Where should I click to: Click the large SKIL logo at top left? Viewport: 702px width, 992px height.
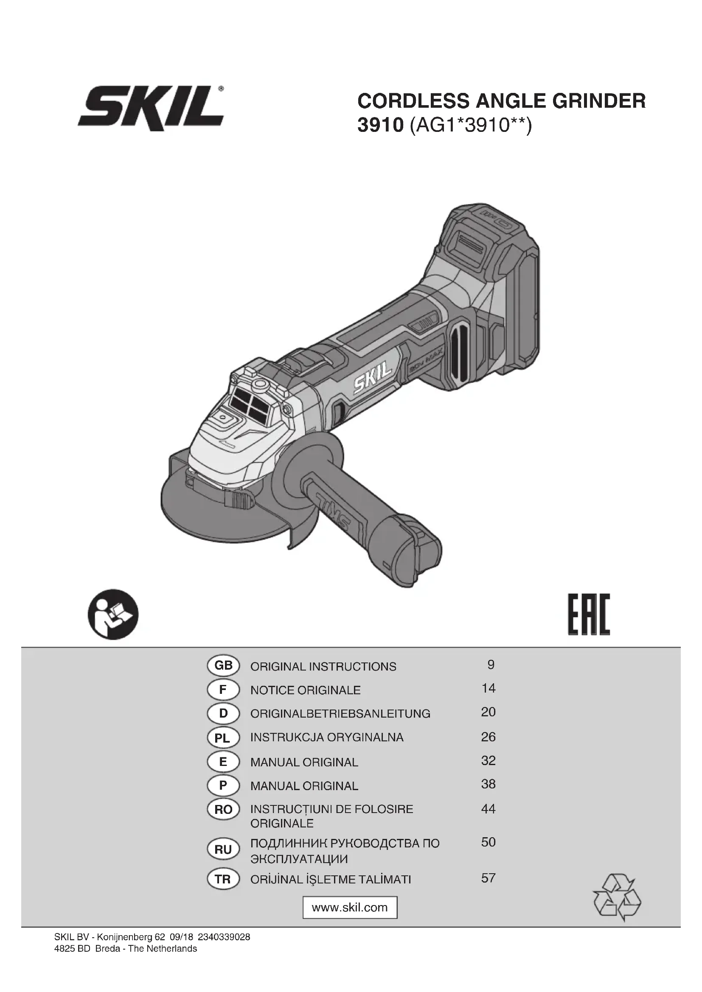pyautogui.click(x=151, y=108)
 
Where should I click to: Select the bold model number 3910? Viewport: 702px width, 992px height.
pyautogui.click(x=380, y=126)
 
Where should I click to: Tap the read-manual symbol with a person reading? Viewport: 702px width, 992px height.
pyautogui.click(x=113, y=614)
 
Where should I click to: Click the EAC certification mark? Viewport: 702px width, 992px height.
pyautogui.click(x=589, y=614)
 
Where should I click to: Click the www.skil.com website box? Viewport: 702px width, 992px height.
pyautogui.click(x=350, y=907)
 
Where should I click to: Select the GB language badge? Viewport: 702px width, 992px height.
pyautogui.click(x=223, y=666)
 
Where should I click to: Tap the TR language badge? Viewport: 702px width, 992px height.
pyautogui.click(x=223, y=879)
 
